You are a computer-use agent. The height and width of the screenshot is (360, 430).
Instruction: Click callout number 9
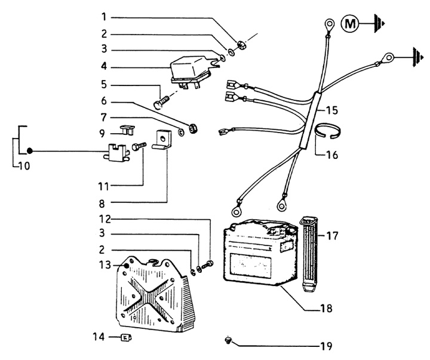click(x=103, y=132)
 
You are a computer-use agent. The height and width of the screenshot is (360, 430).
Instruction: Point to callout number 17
click(x=333, y=236)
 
